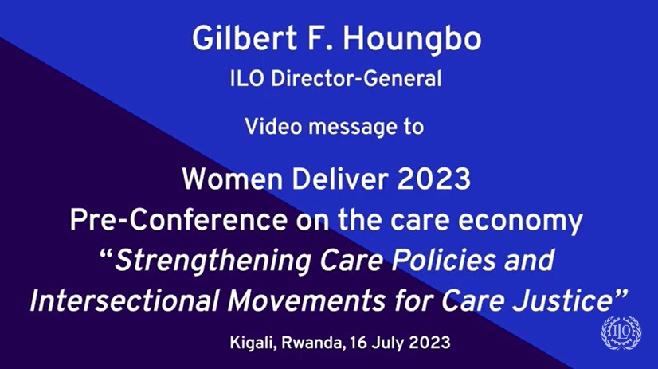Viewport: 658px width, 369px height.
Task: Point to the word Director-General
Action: [x=356, y=79]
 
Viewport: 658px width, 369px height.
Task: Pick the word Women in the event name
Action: [x=232, y=179]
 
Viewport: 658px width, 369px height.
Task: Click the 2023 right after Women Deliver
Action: [x=433, y=179]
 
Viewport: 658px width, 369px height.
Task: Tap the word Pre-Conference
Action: [x=178, y=220]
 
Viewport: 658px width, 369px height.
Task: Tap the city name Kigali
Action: [x=253, y=343]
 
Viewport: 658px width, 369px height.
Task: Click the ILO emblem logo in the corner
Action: [x=621, y=332]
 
